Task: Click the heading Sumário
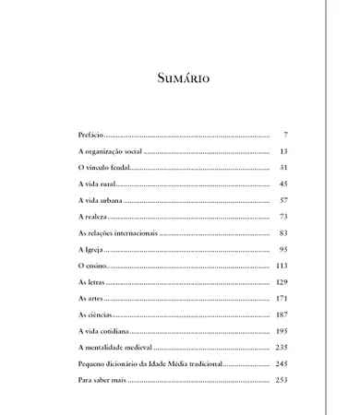click(x=182, y=77)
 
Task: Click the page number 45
click(x=283, y=184)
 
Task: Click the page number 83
click(x=283, y=233)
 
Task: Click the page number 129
click(x=282, y=282)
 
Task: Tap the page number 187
click(x=282, y=315)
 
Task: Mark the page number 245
click(x=282, y=364)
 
